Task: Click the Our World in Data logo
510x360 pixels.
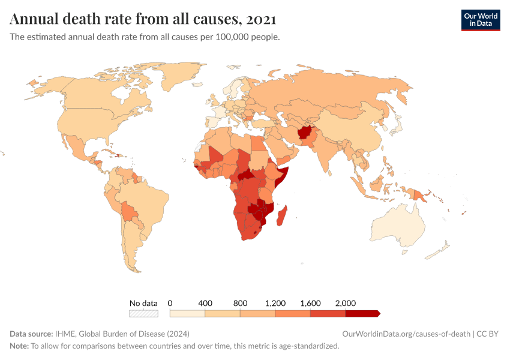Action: click(480, 20)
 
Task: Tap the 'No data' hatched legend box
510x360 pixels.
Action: click(143, 313)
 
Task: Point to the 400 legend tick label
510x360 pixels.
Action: click(205, 303)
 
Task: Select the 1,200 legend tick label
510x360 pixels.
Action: click(275, 303)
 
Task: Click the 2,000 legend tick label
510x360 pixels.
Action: click(346, 303)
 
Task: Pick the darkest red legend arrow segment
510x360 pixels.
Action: click(362, 313)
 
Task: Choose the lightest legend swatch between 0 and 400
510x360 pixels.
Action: click(187, 313)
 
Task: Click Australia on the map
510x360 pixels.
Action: click(398, 225)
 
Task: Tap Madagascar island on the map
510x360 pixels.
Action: click(283, 216)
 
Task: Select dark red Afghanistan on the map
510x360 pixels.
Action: click(304, 133)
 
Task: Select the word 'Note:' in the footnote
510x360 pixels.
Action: click(19, 346)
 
